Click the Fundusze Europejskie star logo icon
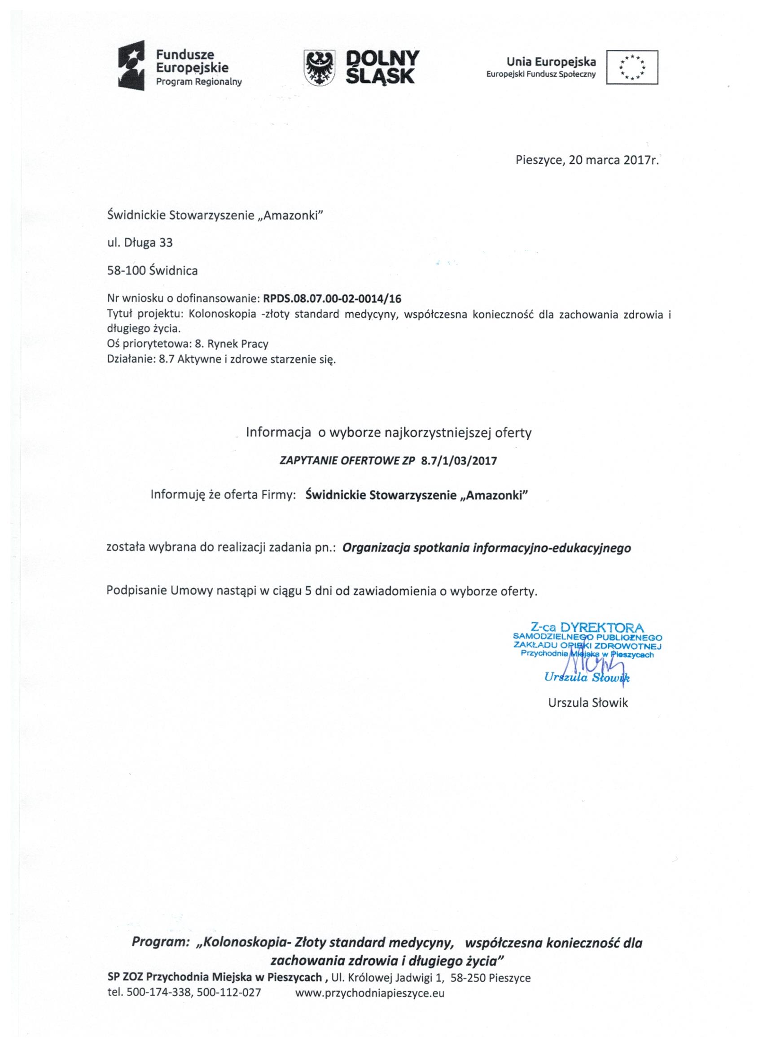coord(132,65)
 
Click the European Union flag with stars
coord(632,67)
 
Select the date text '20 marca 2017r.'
coord(614,161)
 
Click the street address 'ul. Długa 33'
coord(140,242)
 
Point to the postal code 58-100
coord(126,271)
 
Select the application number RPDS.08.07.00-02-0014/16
coord(332,299)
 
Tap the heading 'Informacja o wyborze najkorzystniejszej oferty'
coord(389,433)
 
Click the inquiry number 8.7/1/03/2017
coord(459,461)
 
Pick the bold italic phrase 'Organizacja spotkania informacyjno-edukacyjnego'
coord(487,548)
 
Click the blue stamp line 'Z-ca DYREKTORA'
coord(587,628)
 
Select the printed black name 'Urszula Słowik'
coord(588,703)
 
